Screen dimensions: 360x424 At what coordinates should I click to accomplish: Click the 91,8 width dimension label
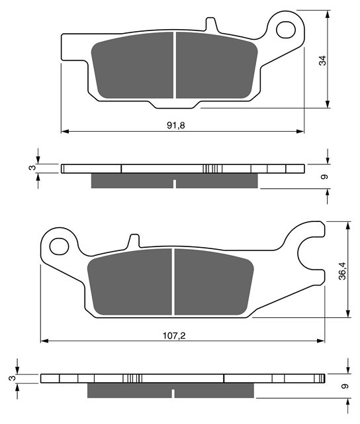click(176, 125)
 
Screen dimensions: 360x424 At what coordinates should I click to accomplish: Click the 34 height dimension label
click(323, 60)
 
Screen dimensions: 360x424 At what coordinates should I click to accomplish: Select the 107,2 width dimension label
click(174, 336)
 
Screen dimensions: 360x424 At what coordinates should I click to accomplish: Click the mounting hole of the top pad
click(286, 30)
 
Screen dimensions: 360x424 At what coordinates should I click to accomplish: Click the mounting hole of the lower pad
click(59, 246)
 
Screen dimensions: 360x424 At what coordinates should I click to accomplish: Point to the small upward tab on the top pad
click(211, 25)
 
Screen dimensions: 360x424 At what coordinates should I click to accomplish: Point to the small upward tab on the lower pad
click(134, 240)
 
